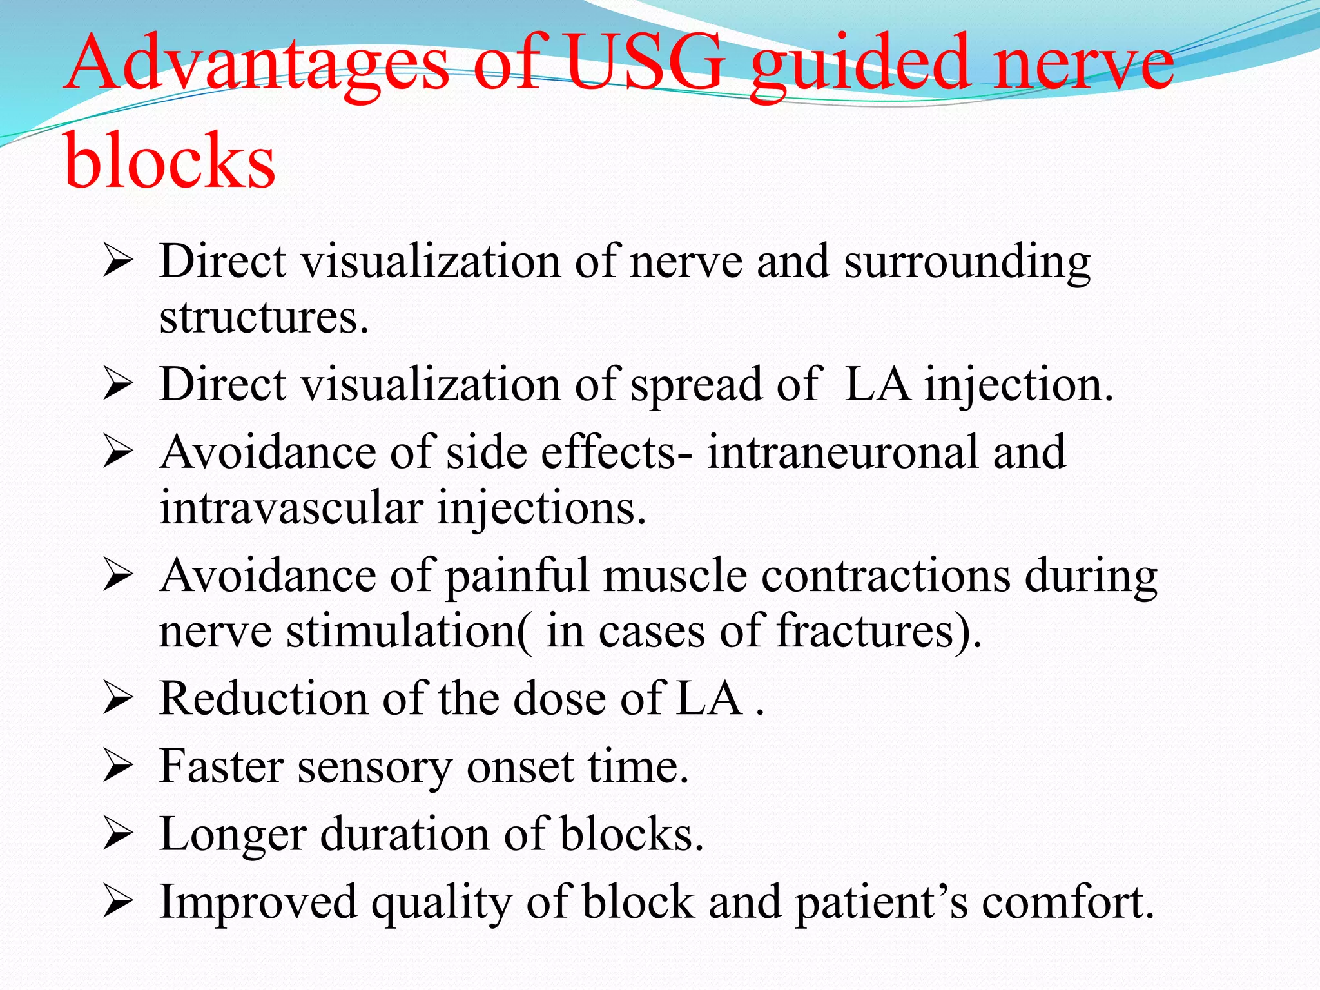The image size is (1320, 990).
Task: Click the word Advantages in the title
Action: pyautogui.click(x=258, y=64)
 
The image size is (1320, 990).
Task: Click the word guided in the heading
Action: pyautogui.click(x=861, y=64)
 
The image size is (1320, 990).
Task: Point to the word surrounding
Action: pyautogui.click(x=967, y=263)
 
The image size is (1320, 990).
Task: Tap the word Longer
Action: pyautogui.click(x=232, y=835)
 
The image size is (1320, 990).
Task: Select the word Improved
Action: pyautogui.click(x=258, y=902)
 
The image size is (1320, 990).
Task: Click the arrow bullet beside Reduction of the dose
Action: pyautogui.click(x=117, y=699)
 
